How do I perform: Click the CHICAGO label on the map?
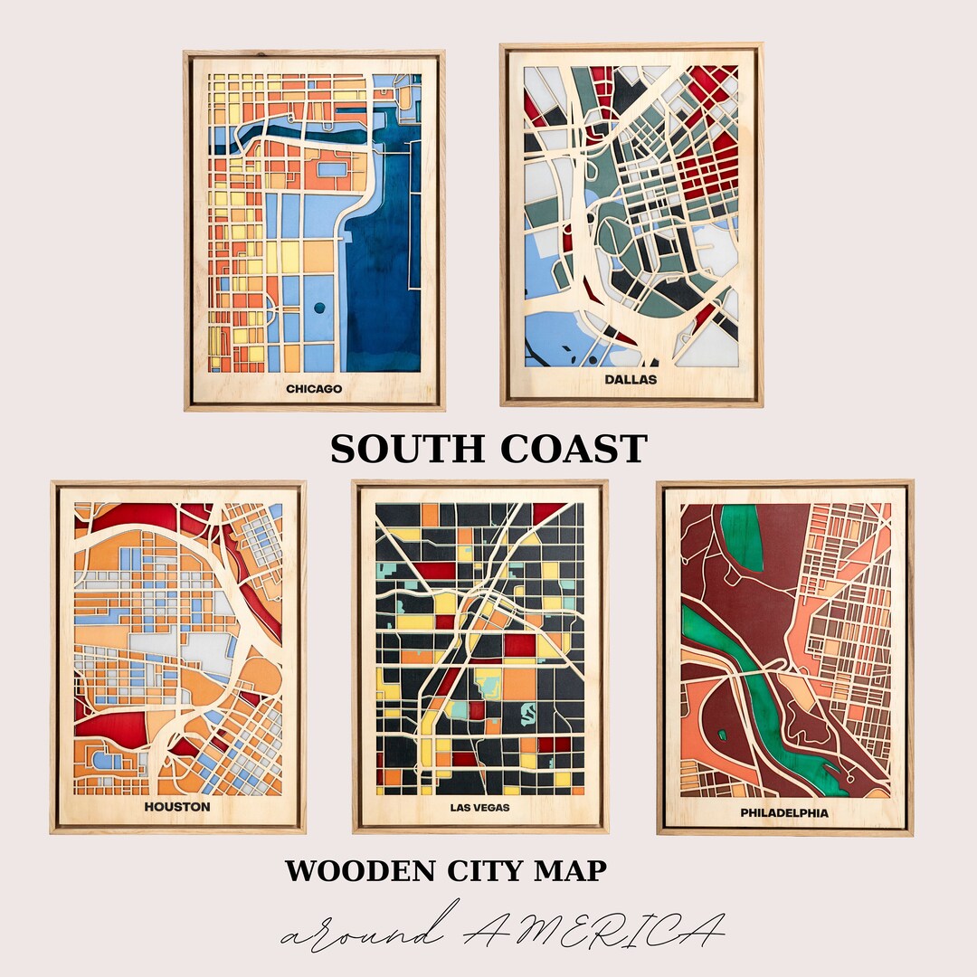(314, 389)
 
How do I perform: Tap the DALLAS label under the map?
(631, 379)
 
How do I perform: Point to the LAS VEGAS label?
(479, 807)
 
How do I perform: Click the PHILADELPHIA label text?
(784, 812)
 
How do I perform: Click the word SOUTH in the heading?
(406, 450)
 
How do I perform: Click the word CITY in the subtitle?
(485, 871)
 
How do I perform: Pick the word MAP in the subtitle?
(573, 871)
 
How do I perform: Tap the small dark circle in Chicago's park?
(319, 308)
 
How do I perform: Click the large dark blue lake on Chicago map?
(384, 271)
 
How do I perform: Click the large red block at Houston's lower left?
(113, 728)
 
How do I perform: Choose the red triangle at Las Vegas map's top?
(547, 513)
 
